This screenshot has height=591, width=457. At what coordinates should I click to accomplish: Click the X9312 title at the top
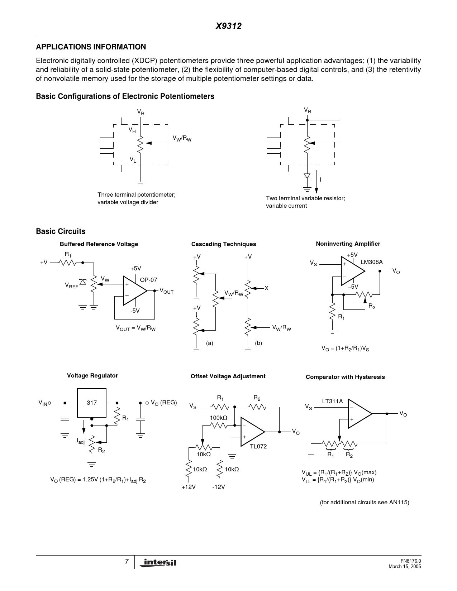[228, 26]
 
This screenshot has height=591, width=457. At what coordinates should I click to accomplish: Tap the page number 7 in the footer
[127, 562]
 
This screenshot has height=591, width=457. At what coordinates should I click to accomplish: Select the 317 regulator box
[92, 403]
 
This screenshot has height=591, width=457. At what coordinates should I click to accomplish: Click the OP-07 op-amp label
[148, 280]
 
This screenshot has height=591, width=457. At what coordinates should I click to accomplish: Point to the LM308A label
[371, 262]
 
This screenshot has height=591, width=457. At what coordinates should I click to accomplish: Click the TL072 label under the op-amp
[258, 447]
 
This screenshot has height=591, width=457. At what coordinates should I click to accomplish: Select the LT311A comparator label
[332, 401]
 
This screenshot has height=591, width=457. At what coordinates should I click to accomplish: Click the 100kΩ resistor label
[219, 418]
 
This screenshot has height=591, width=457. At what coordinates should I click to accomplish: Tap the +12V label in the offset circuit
[189, 487]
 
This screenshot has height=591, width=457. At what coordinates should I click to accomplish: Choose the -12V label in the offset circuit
[218, 487]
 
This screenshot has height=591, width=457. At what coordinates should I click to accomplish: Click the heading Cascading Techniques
[224, 244]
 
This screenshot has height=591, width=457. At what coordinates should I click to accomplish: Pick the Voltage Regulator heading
[92, 376]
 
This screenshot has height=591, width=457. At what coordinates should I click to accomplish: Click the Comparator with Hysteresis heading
[345, 377]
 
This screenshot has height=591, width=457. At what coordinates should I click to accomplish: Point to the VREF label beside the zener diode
[71, 285]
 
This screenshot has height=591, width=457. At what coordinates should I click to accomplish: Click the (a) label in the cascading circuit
[210, 343]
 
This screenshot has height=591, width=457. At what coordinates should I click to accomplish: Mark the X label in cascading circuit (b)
[267, 288]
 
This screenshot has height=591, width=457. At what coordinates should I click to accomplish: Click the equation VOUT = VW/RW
[135, 328]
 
